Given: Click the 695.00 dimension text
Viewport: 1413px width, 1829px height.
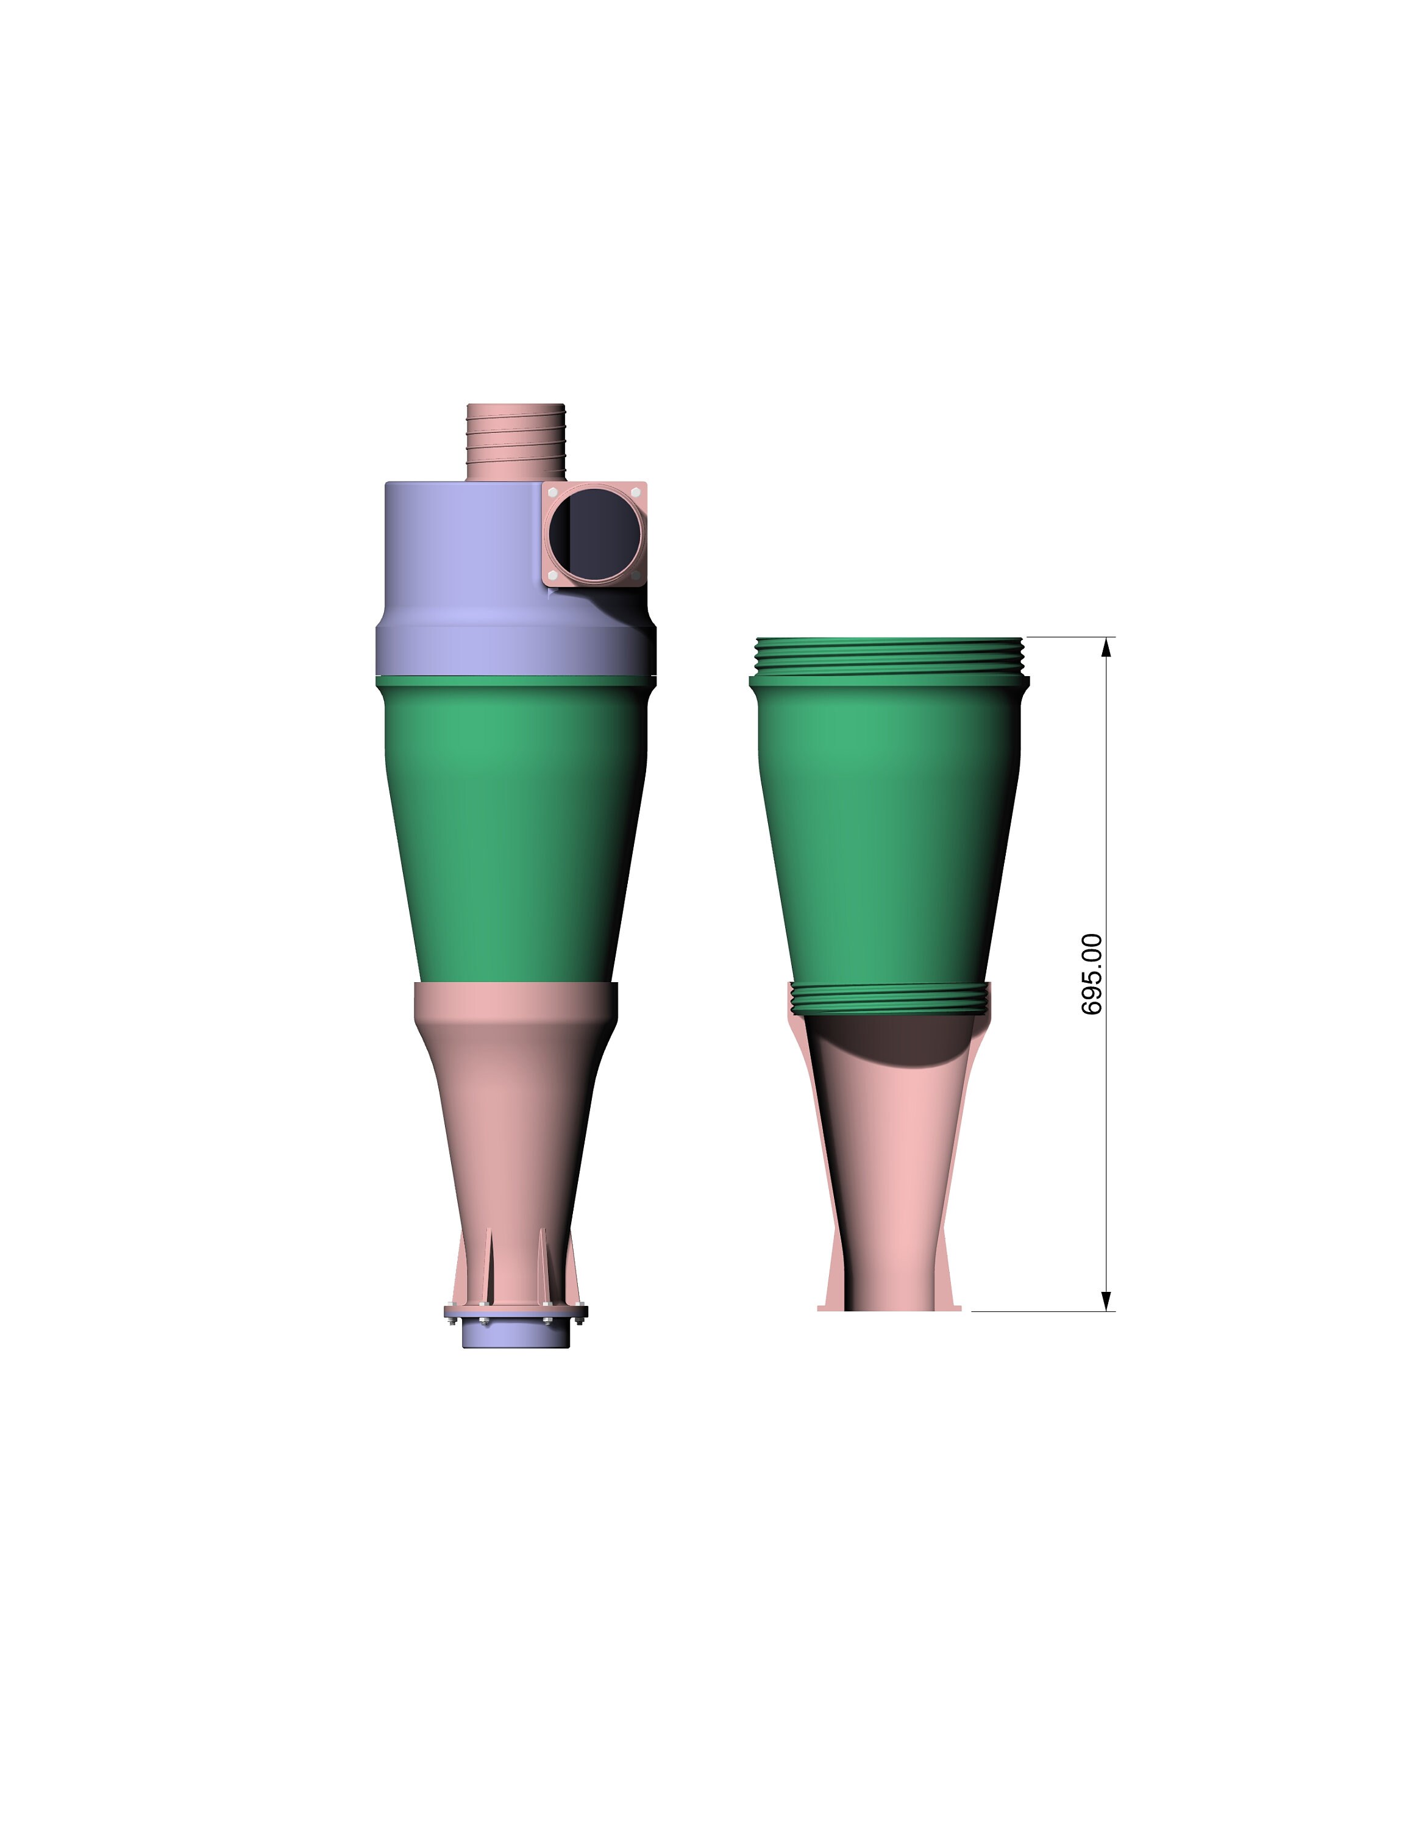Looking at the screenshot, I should point(1092,974).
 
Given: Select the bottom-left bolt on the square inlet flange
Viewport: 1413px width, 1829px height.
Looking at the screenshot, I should point(552,576).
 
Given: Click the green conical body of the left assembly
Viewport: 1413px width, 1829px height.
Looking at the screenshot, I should point(511,829).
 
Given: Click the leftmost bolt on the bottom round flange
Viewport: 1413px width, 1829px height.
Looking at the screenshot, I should point(452,1322).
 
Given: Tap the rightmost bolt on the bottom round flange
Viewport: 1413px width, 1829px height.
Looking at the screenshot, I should point(579,1322).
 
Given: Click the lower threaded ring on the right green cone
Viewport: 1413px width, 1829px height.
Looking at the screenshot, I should point(889,997).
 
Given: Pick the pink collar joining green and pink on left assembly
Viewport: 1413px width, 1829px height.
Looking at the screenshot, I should point(516,1000).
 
